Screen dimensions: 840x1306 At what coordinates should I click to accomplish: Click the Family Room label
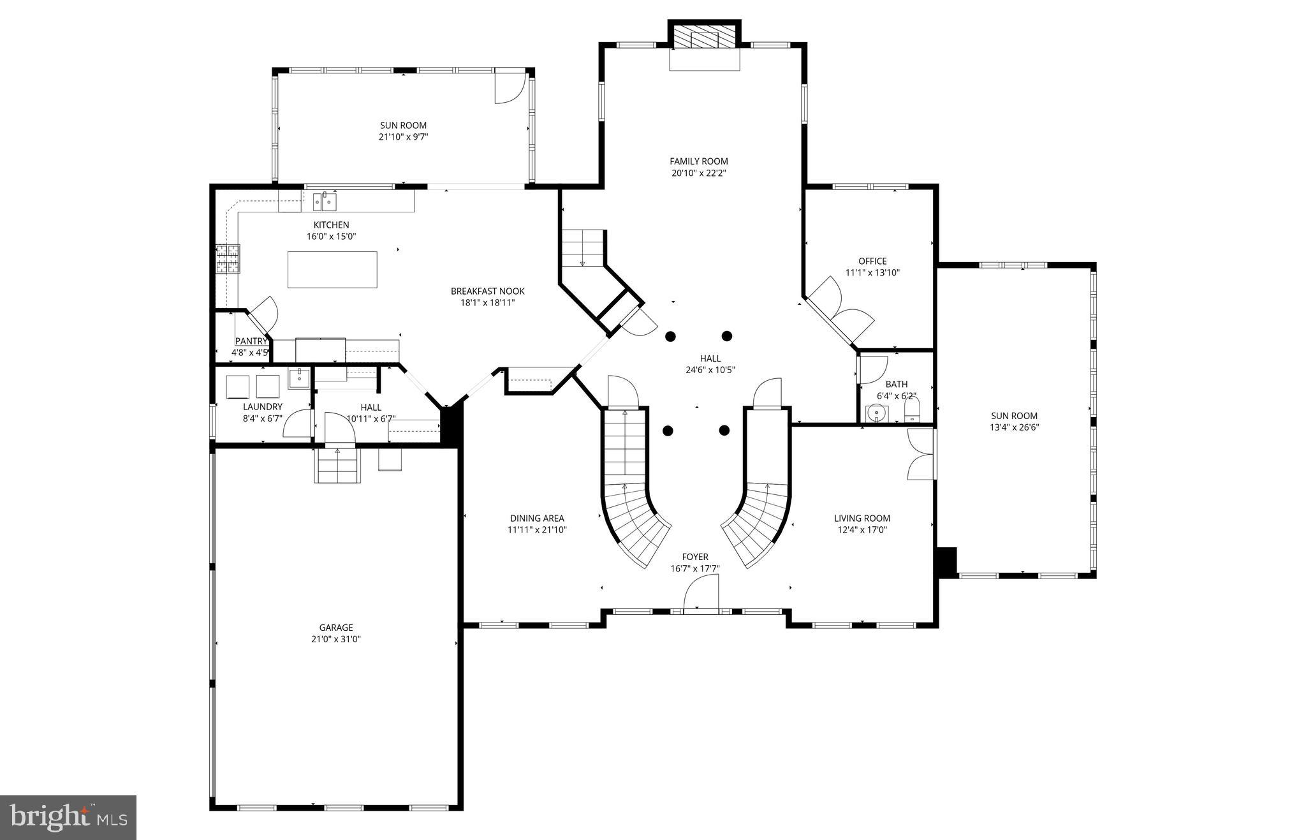coord(698,161)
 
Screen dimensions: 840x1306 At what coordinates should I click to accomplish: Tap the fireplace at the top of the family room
coord(704,40)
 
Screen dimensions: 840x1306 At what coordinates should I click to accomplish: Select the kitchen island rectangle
coord(332,270)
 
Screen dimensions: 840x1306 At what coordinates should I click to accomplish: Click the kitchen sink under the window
coord(325,202)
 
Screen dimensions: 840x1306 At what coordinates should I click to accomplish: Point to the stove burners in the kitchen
coord(228,259)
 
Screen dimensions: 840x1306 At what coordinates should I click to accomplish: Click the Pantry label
coord(251,341)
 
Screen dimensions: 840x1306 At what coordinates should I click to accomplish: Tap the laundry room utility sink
coord(298,379)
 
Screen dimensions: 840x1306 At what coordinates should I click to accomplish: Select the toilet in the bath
coord(912,409)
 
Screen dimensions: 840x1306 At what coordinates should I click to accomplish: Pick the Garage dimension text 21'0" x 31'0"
coord(336,639)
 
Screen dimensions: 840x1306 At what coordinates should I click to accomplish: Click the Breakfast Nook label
coord(487,291)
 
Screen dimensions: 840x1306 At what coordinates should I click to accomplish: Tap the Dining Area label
coord(537,518)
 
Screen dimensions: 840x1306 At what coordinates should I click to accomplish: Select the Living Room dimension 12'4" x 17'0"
coord(862,529)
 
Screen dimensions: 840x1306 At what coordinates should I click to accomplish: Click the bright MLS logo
coord(68,817)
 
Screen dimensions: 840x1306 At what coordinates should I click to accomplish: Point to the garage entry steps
coord(337,466)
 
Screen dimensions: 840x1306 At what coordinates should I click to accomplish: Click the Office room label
coord(872,261)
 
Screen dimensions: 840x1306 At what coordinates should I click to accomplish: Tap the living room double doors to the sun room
coord(920,454)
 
